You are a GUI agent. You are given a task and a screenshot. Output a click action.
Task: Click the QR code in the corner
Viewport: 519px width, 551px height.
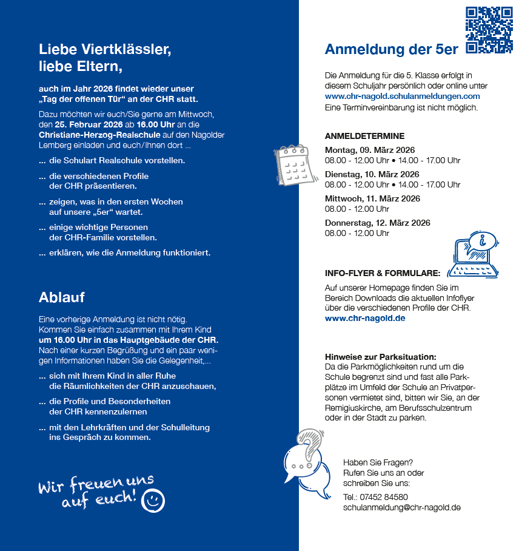489,30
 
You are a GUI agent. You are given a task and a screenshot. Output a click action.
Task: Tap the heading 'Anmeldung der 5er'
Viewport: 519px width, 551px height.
391,50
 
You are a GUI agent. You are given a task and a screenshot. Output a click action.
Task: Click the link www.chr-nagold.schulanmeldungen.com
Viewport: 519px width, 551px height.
402,96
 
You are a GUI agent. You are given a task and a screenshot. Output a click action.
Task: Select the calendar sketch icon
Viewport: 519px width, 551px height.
293,161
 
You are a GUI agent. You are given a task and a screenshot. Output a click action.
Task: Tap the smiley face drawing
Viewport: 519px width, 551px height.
153,501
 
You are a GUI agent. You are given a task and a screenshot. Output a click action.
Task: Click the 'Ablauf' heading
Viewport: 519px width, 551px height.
61,297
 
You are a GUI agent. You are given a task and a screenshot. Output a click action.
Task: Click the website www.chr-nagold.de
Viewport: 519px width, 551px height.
364,318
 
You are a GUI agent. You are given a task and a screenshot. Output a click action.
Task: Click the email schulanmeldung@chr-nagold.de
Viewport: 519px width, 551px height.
401,507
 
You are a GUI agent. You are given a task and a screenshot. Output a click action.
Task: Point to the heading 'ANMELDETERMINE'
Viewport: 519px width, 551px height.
364,136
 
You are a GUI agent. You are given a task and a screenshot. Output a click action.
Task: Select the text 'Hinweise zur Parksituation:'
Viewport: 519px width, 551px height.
380,357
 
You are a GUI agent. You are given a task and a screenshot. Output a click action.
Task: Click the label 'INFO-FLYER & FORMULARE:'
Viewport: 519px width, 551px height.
382,273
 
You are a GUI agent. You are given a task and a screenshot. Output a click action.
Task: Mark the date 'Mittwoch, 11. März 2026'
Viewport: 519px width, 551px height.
372,198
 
